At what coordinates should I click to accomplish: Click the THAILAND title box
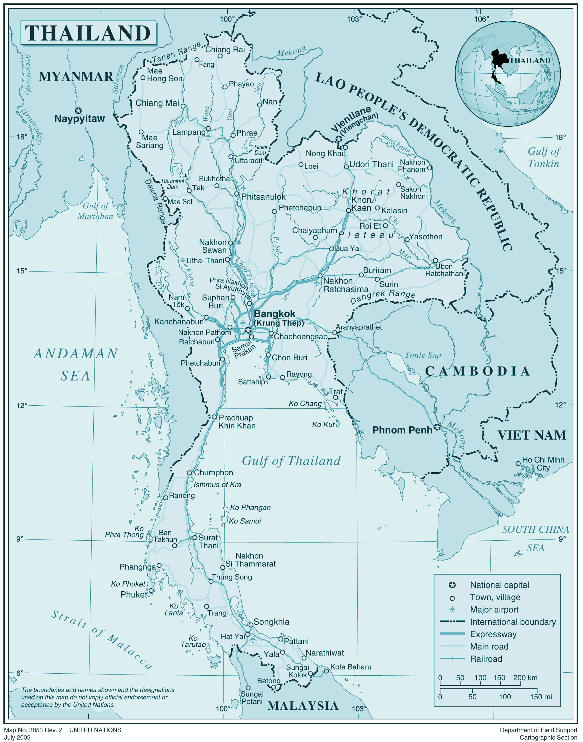pos(88,33)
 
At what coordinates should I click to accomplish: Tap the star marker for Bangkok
pos(248,330)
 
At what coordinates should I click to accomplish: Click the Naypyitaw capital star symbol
pos(79,110)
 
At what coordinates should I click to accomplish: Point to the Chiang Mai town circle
pos(183,106)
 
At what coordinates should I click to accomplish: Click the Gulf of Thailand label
pos(291,461)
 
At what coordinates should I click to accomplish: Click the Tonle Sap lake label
pos(423,355)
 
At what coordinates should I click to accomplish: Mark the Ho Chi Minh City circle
pos(518,463)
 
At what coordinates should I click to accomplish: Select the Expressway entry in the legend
pos(493,634)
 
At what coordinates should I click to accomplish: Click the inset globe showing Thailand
pos(507,73)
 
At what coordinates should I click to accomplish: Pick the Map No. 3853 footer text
pos(33,730)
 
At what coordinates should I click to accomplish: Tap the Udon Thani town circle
pos(346,167)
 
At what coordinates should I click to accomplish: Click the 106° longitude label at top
pos(481,19)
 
